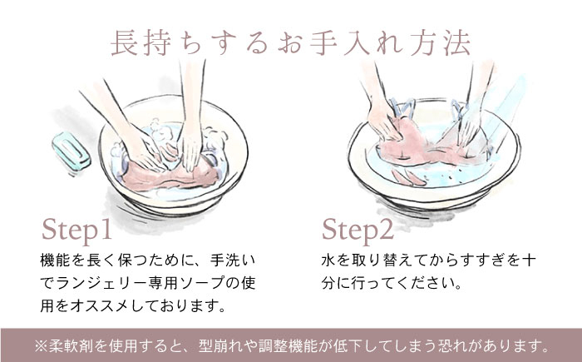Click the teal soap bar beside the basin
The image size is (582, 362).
point(72,151)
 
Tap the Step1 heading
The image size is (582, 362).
point(76,231)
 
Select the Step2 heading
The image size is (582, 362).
point(358,231)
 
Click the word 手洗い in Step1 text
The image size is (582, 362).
point(233,260)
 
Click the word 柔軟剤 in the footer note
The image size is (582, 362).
point(72,346)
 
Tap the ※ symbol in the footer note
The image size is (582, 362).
point(42,346)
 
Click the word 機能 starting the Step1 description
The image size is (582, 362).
point(55,260)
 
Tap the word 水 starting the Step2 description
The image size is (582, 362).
point(329,260)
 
